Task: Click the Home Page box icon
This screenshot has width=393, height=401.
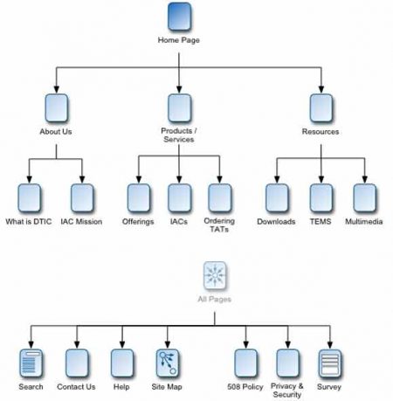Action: [x=179, y=17]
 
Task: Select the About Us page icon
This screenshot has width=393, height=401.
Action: [x=56, y=108]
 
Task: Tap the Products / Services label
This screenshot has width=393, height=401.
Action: [x=179, y=135]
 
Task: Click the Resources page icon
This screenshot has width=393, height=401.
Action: [x=320, y=108]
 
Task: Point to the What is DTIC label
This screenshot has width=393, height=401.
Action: [x=30, y=221]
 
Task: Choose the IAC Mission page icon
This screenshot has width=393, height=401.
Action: [x=81, y=196]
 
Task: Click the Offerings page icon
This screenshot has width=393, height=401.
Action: [x=139, y=196]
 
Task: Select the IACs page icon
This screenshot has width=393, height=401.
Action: [x=179, y=196]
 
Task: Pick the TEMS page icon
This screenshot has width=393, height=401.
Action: [x=321, y=196]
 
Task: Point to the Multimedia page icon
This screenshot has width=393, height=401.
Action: [x=365, y=196]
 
